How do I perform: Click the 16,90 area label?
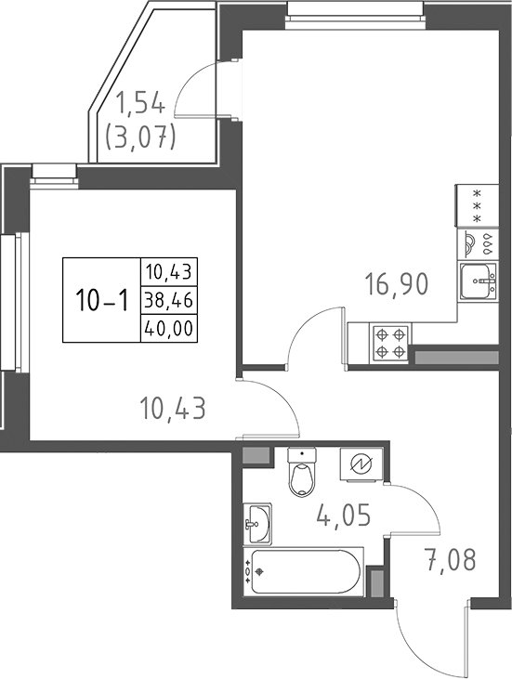coord(395,282)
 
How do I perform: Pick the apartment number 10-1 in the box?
coord(101,299)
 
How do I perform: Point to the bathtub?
coord(303,572)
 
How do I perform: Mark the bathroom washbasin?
coord(257,525)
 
